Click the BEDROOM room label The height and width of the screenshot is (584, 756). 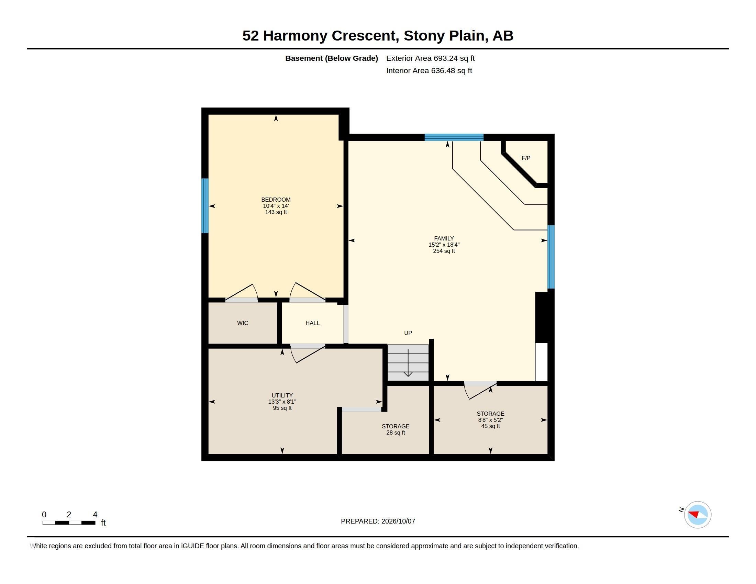[276, 200]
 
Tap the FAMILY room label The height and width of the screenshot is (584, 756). [444, 238]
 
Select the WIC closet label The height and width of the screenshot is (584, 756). [243, 323]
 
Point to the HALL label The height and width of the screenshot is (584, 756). [313, 323]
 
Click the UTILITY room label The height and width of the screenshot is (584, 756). [282, 395]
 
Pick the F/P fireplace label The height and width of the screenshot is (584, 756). [526, 158]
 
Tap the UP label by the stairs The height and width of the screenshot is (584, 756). [408, 333]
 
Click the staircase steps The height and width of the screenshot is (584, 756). [408, 363]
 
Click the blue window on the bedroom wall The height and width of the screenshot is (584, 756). [205, 205]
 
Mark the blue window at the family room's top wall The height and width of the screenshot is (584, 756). [454, 137]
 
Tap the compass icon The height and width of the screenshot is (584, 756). [698, 515]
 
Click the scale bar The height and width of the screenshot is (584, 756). [69, 523]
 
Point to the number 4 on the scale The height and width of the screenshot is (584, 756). [95, 515]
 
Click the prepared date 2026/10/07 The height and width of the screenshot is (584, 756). [398, 521]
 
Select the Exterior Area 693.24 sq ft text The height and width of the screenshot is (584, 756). [430, 58]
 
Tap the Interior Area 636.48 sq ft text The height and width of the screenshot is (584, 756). [429, 70]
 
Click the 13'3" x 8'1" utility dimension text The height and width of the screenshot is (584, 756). [282, 402]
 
